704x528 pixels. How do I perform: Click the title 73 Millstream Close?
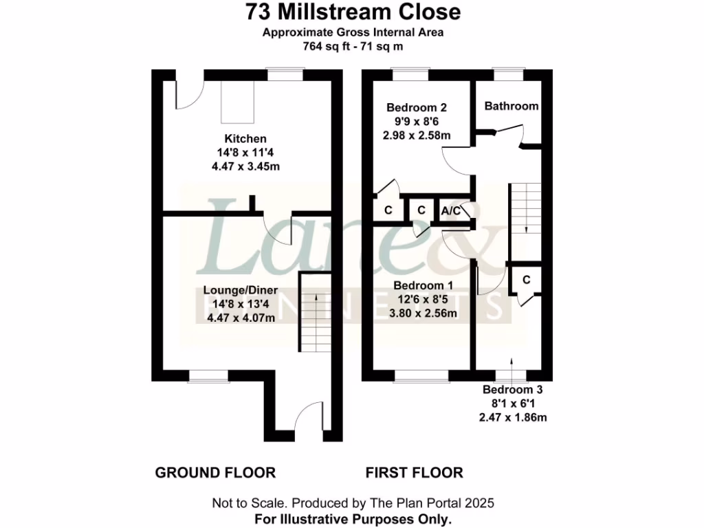353,12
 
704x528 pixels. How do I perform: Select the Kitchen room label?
245,139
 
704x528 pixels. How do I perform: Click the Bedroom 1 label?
423,285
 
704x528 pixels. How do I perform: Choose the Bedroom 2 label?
417,107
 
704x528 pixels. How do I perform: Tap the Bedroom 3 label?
512,390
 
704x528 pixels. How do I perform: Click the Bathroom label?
511,106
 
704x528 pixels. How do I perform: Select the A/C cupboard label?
451,210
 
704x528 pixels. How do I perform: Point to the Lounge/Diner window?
209,375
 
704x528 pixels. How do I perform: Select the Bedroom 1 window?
421,375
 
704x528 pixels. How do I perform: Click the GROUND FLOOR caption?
215,473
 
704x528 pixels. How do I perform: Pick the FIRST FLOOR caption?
414,473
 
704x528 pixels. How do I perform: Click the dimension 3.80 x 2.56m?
423,313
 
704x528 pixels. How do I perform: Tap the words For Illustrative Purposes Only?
353,518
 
